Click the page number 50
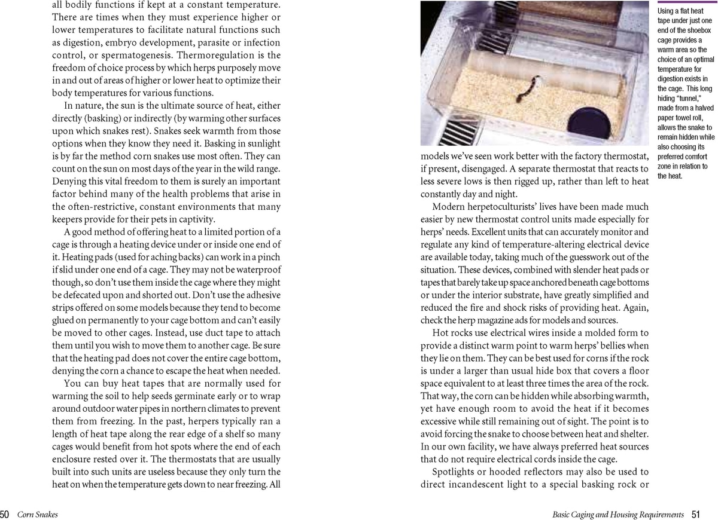coord(5,514)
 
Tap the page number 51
coord(696,514)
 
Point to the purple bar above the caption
coord(687,2)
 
